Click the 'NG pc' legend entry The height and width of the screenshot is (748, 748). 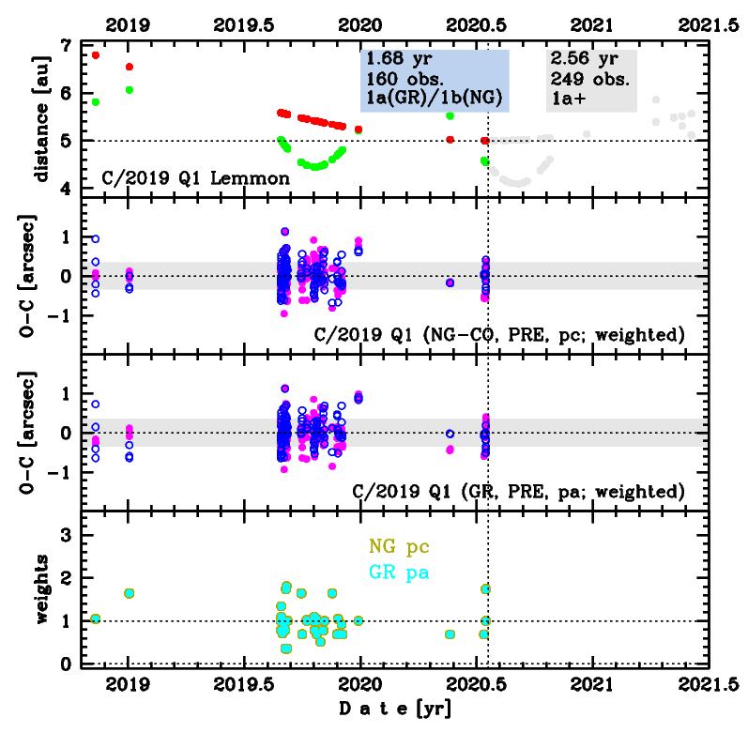tap(399, 546)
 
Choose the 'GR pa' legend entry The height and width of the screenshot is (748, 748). tap(399, 571)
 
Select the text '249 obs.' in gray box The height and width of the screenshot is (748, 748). tap(582, 77)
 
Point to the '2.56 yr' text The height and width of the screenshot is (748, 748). tap(578, 57)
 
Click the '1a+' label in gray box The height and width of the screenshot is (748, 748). tap(566, 97)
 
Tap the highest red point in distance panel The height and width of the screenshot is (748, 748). tap(96, 55)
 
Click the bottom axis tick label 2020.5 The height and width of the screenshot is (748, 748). tap(477, 687)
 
